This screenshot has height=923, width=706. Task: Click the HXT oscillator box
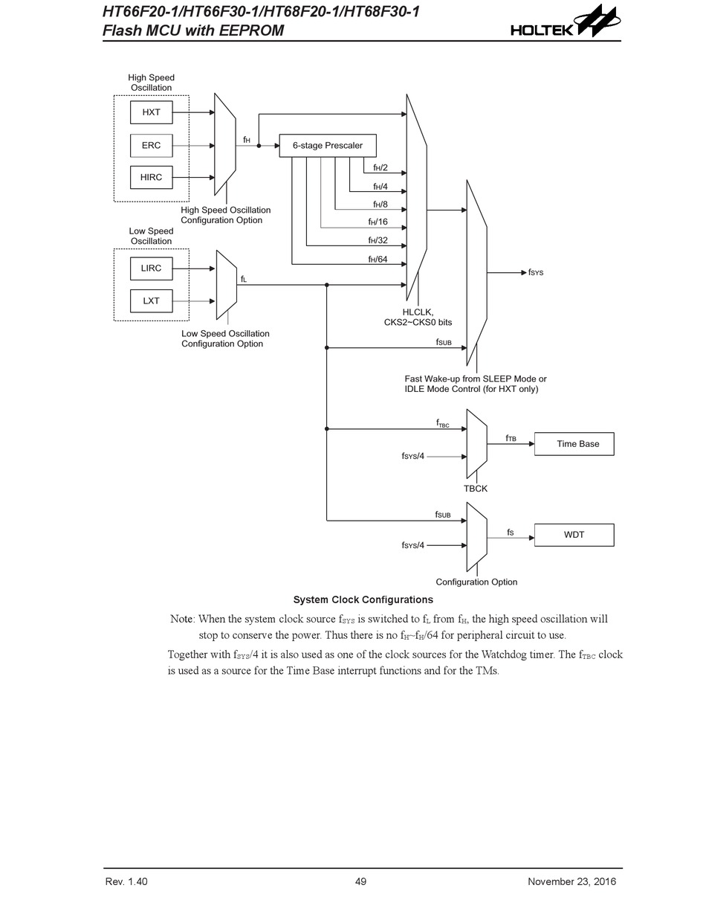[x=151, y=112]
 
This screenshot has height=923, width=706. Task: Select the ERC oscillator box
[x=151, y=145]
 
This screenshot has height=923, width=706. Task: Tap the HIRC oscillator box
[x=151, y=177]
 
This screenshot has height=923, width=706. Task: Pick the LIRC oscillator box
[x=151, y=268]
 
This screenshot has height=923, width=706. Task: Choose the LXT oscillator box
[x=151, y=300]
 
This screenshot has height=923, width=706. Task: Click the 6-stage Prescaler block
[x=328, y=146]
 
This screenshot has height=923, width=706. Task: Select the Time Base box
[x=574, y=444]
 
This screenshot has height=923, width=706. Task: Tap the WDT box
[x=574, y=535]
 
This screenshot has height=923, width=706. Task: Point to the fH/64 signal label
[x=378, y=259]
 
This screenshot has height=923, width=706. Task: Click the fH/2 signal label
[x=380, y=168]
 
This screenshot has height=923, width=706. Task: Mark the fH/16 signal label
[x=378, y=222]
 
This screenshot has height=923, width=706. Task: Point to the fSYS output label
[x=535, y=272]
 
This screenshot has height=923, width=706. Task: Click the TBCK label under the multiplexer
[x=475, y=489]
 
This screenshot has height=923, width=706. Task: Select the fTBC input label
[x=442, y=423]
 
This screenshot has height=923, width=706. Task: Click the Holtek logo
[x=566, y=22]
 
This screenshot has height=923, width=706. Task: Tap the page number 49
[x=360, y=881]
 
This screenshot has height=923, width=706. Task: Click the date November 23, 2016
[x=571, y=881]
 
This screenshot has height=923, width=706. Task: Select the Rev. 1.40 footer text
[x=126, y=881]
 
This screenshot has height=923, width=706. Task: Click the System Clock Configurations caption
[x=363, y=599]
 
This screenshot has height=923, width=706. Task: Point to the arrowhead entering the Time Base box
[x=531, y=444]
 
